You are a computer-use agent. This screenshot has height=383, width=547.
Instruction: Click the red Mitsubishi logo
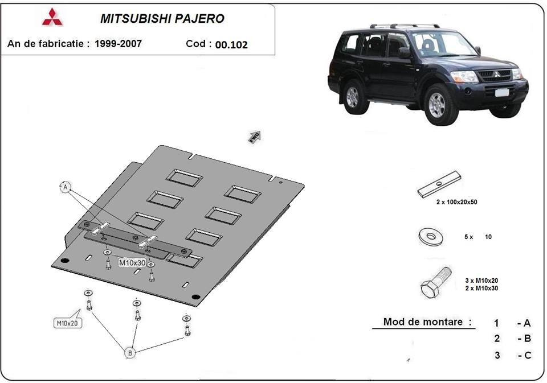[52, 17]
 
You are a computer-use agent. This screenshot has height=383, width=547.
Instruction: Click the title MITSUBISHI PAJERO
[162, 18]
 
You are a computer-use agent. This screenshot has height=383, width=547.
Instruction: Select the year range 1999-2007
[119, 44]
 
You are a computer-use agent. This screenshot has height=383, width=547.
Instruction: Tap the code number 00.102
[231, 45]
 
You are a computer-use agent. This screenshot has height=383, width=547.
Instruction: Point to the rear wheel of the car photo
[353, 96]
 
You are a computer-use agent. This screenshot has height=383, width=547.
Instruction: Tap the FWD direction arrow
[254, 137]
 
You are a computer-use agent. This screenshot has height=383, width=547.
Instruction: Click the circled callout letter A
[66, 187]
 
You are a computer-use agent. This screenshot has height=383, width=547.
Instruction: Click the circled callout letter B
[130, 353]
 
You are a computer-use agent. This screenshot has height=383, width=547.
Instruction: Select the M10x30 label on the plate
[132, 263]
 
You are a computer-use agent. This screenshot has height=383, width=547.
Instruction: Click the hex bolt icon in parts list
[436, 281]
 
